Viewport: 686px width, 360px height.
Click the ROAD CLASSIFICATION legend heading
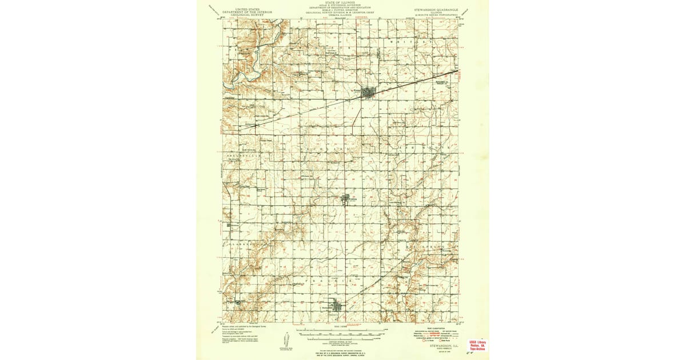click(x=433, y=327)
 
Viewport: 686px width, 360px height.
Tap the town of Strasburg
click(x=348, y=199)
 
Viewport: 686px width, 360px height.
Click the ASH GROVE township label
click(x=423, y=147)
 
